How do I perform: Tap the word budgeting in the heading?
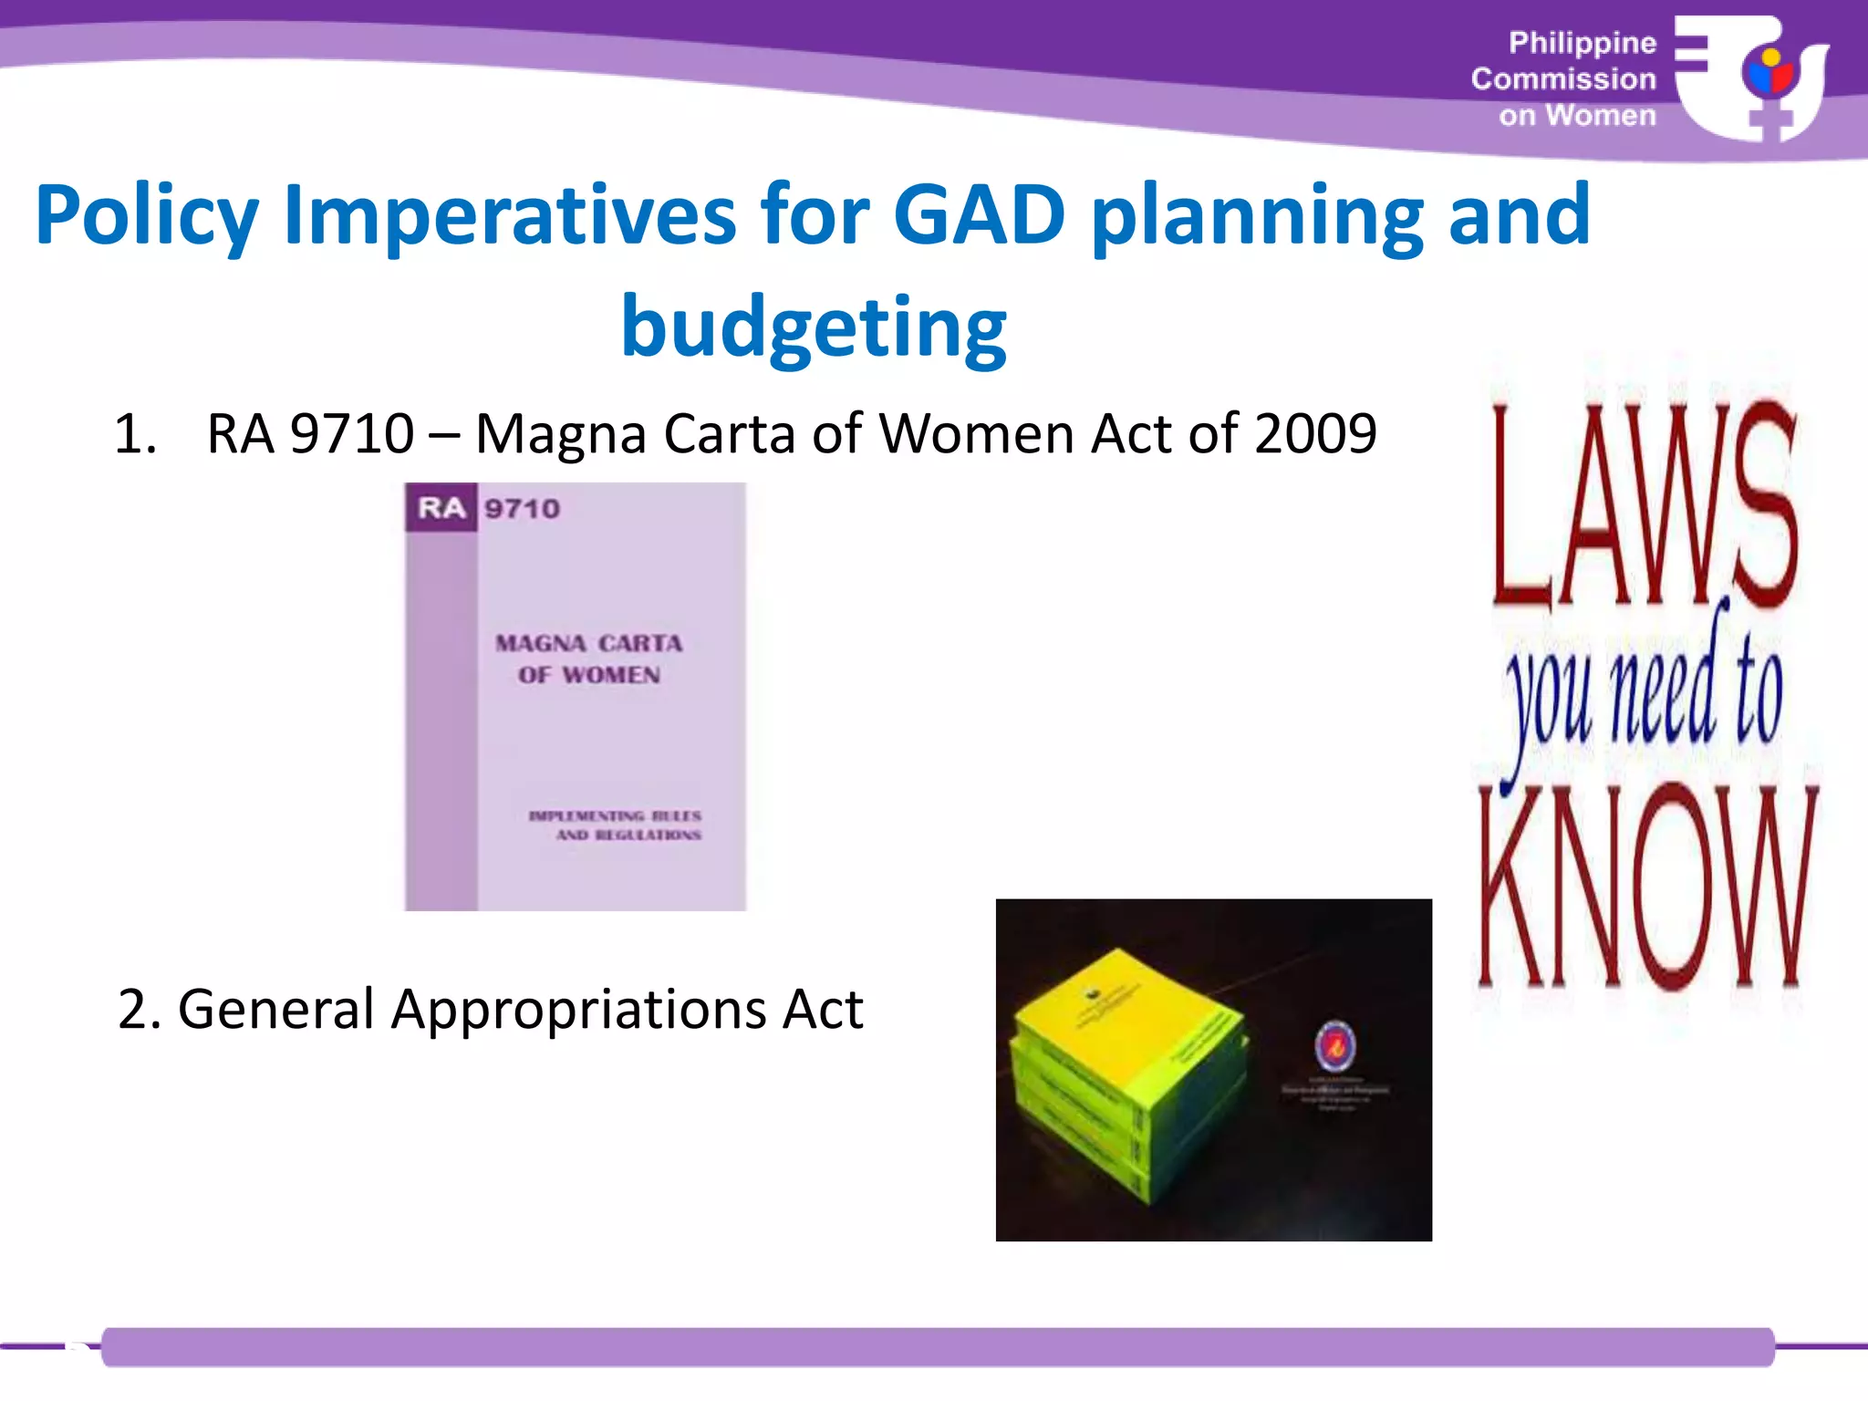pos(814,328)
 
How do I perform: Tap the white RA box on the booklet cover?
pos(441,507)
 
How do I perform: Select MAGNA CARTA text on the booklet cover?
pos(589,643)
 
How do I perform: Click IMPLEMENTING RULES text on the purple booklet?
pos(616,815)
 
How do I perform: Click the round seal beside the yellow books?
pos(1334,1047)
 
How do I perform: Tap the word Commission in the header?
pos(1563,79)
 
